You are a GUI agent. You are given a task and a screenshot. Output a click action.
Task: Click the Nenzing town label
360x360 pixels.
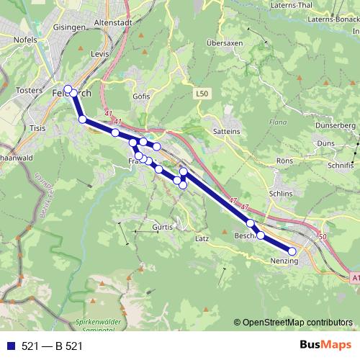pos(284,261)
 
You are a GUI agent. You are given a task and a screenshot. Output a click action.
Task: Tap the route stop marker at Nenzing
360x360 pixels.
pos(292,251)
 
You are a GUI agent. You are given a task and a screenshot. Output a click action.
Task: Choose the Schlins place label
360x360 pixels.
pos(280,194)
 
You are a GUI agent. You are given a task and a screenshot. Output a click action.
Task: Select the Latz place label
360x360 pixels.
pos(202,237)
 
